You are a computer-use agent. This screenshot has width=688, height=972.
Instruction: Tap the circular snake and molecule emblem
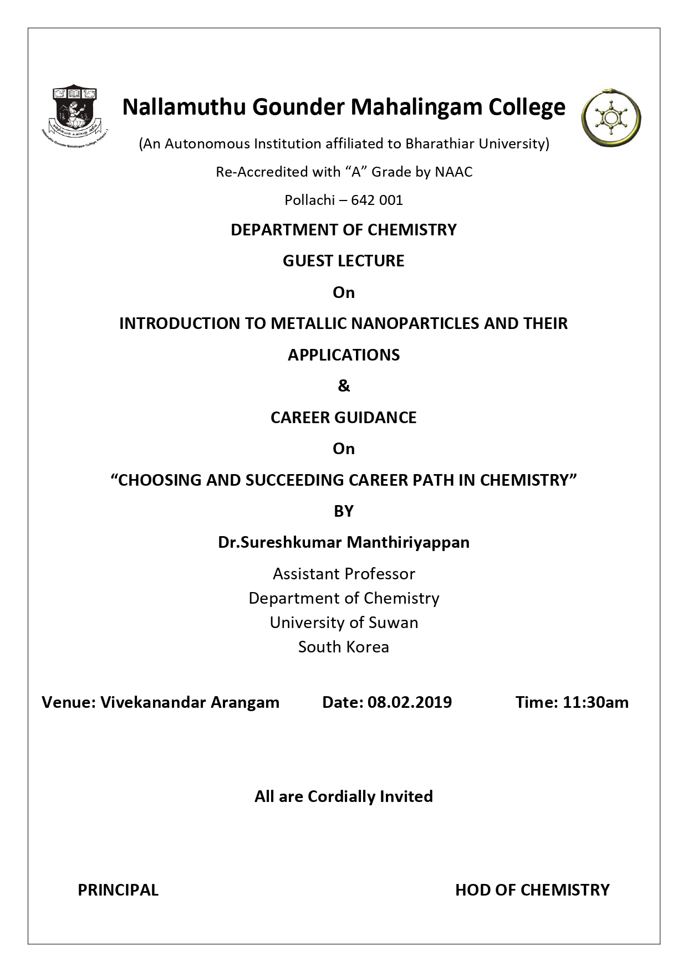click(611, 117)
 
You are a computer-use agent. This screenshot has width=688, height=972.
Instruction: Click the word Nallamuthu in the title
click(184, 107)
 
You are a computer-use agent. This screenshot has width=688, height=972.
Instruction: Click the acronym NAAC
click(453, 172)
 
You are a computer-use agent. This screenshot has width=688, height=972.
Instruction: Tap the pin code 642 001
click(377, 200)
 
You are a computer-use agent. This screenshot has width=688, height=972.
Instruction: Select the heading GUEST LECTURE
click(344, 261)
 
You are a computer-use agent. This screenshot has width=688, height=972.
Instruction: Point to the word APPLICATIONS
click(344, 355)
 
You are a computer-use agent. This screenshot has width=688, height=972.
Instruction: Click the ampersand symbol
click(344, 386)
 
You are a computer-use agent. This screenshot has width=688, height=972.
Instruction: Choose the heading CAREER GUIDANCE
click(344, 418)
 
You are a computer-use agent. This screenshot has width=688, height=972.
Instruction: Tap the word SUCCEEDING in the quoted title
click(288, 480)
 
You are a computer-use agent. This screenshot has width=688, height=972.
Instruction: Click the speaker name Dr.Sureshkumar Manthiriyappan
click(344, 542)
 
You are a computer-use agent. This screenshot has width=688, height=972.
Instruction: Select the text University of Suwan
click(344, 623)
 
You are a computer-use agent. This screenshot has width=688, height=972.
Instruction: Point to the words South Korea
click(344, 647)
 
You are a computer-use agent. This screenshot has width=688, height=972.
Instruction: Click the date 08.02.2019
click(409, 702)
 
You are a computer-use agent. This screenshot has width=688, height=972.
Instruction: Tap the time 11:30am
click(595, 702)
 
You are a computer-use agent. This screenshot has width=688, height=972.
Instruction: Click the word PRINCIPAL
click(118, 890)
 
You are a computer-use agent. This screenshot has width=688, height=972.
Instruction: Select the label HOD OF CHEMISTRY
click(532, 890)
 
